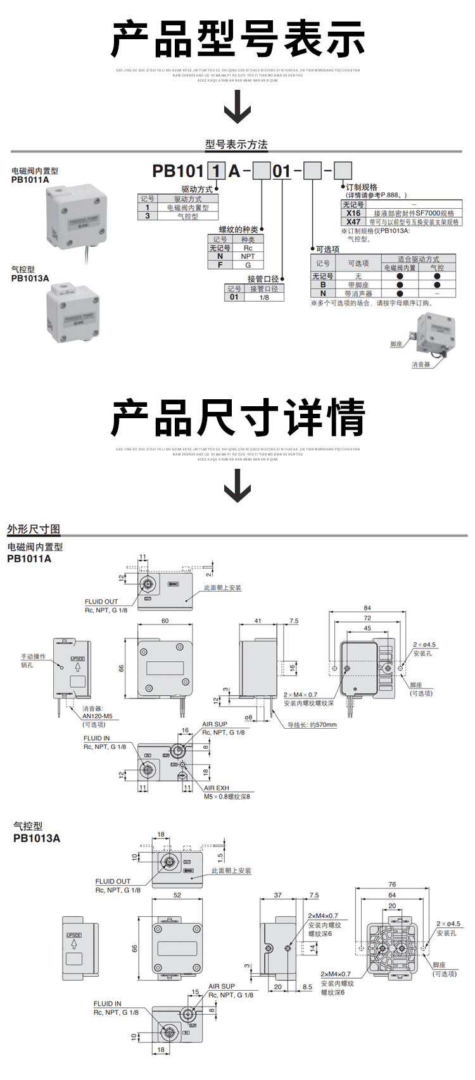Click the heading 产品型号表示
pyautogui.click(x=237, y=39)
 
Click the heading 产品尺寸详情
pyautogui.click(x=237, y=418)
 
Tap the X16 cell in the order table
pyautogui.click(x=353, y=213)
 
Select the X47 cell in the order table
pyautogui.click(x=353, y=222)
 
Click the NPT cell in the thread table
pyautogui.click(x=248, y=256)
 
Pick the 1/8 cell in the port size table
pyautogui.click(x=264, y=297)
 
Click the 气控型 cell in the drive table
pyautogui.click(x=187, y=216)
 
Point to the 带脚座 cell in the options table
pyautogui.click(x=358, y=285)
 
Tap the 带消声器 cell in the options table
pyautogui.click(x=358, y=294)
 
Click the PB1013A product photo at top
pyautogui.click(x=73, y=313)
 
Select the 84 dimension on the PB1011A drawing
pyautogui.click(x=367, y=608)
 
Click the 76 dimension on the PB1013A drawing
pyautogui.click(x=392, y=884)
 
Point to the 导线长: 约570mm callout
pyautogui.click(x=312, y=725)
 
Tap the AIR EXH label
pyautogui.click(x=217, y=788)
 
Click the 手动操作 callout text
pyautogui.click(x=33, y=657)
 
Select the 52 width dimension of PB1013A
pyautogui.click(x=177, y=895)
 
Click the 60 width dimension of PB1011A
pyautogui.click(x=165, y=621)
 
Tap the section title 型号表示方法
pyautogui.click(x=236, y=145)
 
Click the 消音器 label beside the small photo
pyautogui.click(x=421, y=364)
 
